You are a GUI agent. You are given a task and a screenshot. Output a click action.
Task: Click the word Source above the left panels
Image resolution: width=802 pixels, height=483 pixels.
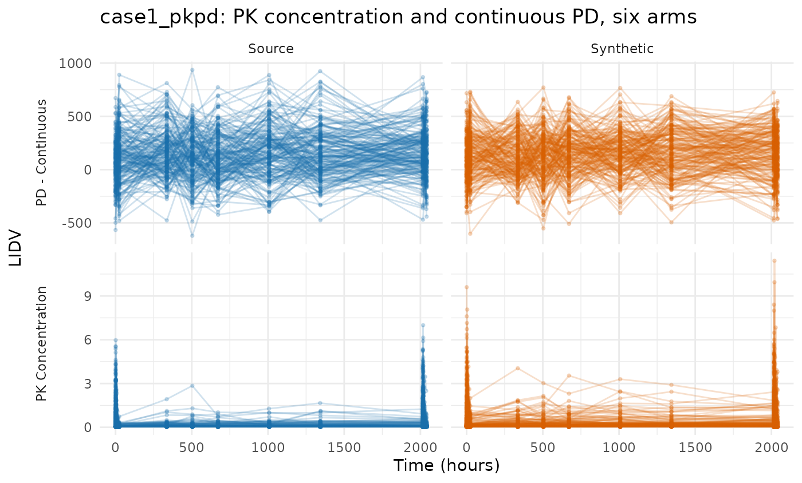pyautogui.click(x=270, y=49)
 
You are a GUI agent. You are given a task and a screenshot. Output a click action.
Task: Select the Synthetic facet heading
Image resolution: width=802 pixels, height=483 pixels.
pyautogui.click(x=622, y=49)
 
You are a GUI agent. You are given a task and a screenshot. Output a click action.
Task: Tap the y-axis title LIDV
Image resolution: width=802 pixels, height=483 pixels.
pyautogui.click(x=15, y=249)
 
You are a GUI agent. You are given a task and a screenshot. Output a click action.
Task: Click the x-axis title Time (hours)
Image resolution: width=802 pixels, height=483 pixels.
pyautogui.click(x=446, y=465)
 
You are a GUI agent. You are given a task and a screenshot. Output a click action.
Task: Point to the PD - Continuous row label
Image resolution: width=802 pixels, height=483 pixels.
pyautogui.click(x=41, y=153)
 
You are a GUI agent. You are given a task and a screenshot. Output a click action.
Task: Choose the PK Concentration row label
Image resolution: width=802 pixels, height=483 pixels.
pyautogui.click(x=41, y=343)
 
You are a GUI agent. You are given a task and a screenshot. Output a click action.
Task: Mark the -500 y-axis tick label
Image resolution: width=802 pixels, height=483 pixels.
pyautogui.click(x=77, y=223)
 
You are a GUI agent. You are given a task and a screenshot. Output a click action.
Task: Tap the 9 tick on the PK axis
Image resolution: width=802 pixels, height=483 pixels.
pyautogui.click(x=88, y=296)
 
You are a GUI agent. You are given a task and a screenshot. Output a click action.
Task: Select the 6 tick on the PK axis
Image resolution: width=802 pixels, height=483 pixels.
pyautogui.click(x=88, y=340)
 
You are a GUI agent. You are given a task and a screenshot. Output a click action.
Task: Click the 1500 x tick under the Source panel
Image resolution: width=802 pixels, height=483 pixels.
pyautogui.click(x=344, y=448)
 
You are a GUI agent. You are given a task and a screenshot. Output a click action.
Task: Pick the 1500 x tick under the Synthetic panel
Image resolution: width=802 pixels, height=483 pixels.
pyautogui.click(x=695, y=448)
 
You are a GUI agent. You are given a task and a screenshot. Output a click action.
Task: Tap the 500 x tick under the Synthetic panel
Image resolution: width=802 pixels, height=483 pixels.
pyautogui.click(x=543, y=448)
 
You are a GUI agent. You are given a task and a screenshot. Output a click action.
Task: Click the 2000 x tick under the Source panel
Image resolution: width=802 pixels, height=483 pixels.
pyautogui.click(x=420, y=448)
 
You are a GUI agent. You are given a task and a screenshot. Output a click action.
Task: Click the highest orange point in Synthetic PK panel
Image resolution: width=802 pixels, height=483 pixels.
pyautogui.click(x=774, y=261)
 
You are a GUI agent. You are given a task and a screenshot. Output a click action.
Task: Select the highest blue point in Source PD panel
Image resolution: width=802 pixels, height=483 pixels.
pyautogui.click(x=192, y=70)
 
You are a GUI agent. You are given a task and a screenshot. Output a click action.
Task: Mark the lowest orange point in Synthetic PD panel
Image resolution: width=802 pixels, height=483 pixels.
pyautogui.click(x=470, y=233)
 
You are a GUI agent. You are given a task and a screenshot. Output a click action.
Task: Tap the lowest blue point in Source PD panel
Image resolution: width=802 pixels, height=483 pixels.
pyautogui.click(x=192, y=236)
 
